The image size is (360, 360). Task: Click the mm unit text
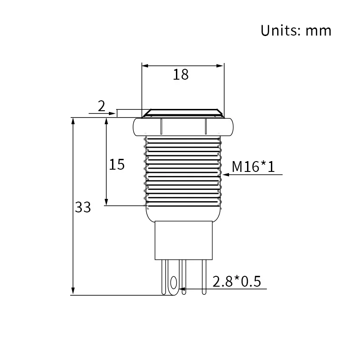pyautogui.click(x=318, y=31)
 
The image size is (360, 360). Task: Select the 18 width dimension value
pyautogui.click(x=181, y=75)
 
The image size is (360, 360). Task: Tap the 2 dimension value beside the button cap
pyautogui.click(x=101, y=106)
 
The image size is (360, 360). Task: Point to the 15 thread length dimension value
pyautogui.click(x=117, y=165)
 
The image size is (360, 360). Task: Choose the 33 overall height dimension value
pyautogui.click(x=83, y=207)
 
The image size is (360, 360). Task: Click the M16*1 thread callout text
pyautogui.click(x=253, y=167)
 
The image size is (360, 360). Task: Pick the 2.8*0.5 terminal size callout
pyautogui.click(x=237, y=282)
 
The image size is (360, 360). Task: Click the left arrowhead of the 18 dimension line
pyautogui.click(x=145, y=66)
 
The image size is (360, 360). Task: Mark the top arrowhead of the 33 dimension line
pyautogui.click(x=72, y=121)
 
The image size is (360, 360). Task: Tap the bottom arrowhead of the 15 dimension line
pyautogui.click(x=107, y=202)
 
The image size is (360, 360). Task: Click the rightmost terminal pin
pyautogui.click(x=204, y=277)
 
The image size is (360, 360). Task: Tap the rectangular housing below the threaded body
pyautogui.click(x=183, y=240)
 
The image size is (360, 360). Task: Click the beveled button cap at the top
pyautogui.click(x=183, y=112)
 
